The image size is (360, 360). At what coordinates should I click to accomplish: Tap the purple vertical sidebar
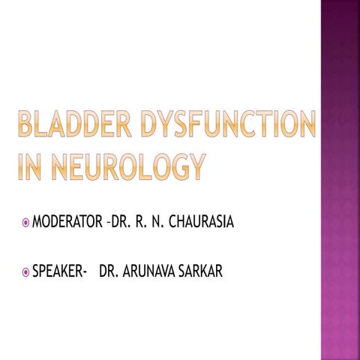click(x=340, y=180)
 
